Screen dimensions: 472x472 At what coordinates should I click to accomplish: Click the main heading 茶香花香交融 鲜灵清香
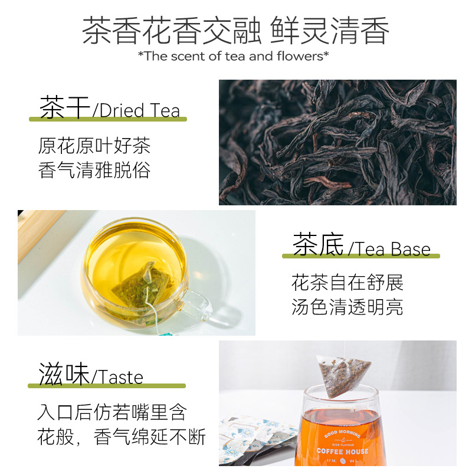click(235, 31)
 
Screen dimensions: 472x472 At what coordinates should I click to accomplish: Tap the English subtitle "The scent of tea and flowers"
click(233, 57)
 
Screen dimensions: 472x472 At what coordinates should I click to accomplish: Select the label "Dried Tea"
click(140, 110)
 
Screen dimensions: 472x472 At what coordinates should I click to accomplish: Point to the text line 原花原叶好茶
click(94, 145)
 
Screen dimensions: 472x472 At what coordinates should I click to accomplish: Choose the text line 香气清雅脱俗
click(94, 171)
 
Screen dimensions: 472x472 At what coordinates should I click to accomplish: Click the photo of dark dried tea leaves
click(337, 142)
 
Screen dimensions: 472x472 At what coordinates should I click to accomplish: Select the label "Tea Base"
click(393, 249)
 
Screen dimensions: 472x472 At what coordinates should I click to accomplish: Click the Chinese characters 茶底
click(317, 247)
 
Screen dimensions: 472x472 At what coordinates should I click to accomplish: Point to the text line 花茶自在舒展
click(348, 283)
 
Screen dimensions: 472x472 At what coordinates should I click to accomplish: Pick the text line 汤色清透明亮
click(348, 307)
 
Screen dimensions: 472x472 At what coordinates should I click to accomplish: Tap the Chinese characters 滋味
click(63, 375)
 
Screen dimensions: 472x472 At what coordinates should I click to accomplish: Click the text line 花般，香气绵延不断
click(122, 437)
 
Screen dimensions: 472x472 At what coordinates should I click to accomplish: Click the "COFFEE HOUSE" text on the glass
click(342, 451)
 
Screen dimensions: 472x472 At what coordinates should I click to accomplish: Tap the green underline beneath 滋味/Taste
click(107, 386)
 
